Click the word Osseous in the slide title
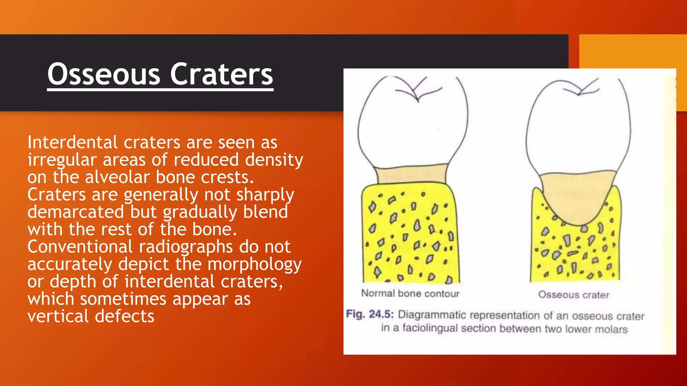[x=104, y=74]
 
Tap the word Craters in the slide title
[x=221, y=74]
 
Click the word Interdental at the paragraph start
[x=72, y=142]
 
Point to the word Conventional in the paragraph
[x=80, y=247]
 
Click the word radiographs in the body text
[x=186, y=247]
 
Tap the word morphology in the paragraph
[x=255, y=264]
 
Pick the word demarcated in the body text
[x=75, y=212]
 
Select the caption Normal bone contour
[x=410, y=294]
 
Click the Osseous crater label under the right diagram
[x=574, y=295]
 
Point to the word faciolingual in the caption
[x=430, y=328]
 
